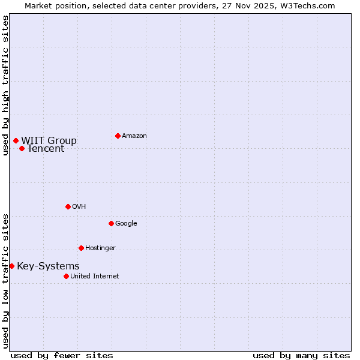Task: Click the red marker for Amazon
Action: click(x=118, y=136)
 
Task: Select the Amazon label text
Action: click(x=134, y=136)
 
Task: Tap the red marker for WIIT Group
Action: click(x=16, y=140)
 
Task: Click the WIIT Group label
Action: click(x=49, y=141)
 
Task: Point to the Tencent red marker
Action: click(x=22, y=148)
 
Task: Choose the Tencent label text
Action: click(x=46, y=149)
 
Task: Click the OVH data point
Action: click(x=68, y=206)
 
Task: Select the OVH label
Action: click(x=79, y=207)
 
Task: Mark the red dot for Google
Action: click(x=111, y=223)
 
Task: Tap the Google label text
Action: click(x=126, y=224)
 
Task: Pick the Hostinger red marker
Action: click(x=81, y=248)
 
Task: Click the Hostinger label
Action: click(x=100, y=248)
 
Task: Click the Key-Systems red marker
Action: click(x=11, y=266)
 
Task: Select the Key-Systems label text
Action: click(x=48, y=266)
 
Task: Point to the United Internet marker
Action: click(x=66, y=276)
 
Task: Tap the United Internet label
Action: click(x=95, y=277)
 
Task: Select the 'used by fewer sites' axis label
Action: click(x=62, y=355)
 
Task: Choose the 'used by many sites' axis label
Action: click(x=301, y=355)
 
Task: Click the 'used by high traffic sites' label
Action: click(x=5, y=85)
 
